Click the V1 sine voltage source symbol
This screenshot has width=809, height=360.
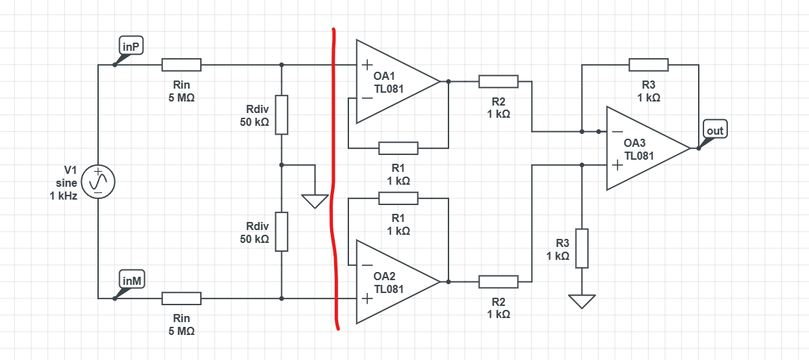coord(98,181)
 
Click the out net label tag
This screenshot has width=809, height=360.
coord(715,130)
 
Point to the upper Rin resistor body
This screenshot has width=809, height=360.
coord(181,65)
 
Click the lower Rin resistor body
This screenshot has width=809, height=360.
coord(181,298)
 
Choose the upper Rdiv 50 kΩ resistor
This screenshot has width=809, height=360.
coord(281,114)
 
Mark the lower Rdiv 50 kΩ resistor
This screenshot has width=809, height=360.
coord(281,231)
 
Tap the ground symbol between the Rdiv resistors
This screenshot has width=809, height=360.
coord(315,201)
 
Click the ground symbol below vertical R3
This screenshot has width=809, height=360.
coord(582,300)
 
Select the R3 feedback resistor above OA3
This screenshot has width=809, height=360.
coord(649,65)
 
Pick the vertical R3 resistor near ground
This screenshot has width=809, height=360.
coord(582,248)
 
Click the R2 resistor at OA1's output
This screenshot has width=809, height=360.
coord(499,81)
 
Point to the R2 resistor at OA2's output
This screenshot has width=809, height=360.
coord(499,282)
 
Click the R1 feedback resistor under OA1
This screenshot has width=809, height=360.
coord(398,148)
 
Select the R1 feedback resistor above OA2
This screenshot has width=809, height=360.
coord(398,198)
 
